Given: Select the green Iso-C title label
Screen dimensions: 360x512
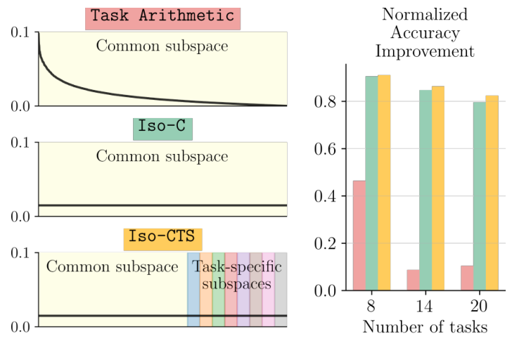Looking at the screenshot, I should (x=162, y=129).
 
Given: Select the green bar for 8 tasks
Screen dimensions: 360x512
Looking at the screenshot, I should (x=371, y=183).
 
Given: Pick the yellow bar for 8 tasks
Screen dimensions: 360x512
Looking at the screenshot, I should (x=384, y=182).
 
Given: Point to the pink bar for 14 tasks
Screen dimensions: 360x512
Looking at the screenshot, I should (x=413, y=280).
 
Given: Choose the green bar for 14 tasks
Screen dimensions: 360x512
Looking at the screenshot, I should (x=425, y=190).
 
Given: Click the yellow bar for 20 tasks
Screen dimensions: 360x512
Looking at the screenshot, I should (x=492, y=193).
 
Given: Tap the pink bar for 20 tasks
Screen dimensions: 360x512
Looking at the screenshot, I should (x=467, y=278).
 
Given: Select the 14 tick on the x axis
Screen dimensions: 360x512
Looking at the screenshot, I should (x=425, y=307).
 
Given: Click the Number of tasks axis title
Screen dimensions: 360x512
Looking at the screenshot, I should (x=425, y=327).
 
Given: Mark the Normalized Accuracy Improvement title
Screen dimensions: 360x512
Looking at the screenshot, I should (x=425, y=33).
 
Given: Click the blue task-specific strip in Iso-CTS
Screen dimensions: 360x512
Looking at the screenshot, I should (x=193, y=289).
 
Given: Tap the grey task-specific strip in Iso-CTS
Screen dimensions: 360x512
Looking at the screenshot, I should (x=281, y=289).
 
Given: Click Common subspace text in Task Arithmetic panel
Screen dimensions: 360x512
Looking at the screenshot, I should (x=162, y=46).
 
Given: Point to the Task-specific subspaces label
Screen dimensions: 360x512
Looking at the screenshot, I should (x=236, y=276).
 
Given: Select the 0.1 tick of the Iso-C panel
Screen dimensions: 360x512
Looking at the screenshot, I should (x=21, y=143).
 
